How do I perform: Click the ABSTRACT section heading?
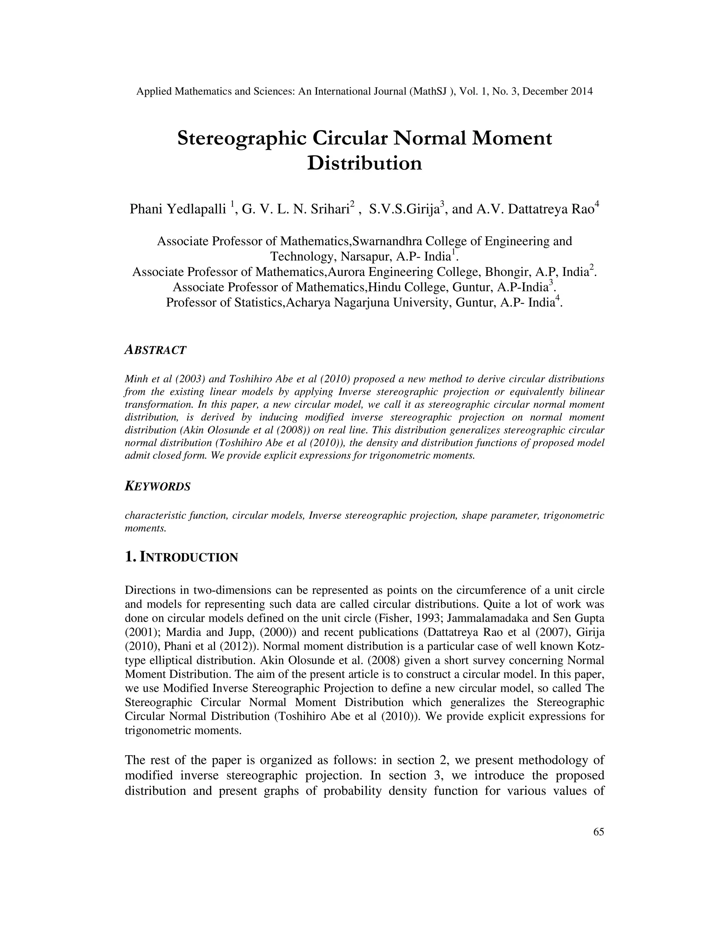point(155,350)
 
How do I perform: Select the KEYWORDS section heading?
point(157,486)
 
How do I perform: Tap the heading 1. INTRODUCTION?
point(181,557)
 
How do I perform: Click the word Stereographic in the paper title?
point(241,139)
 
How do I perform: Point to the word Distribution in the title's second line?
point(365,163)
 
